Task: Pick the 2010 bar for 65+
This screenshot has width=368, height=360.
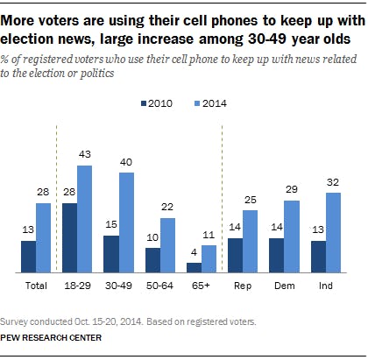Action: pos(195,268)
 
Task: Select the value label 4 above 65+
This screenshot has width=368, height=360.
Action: pos(195,254)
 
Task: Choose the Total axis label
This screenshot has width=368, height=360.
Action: pos(37,285)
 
